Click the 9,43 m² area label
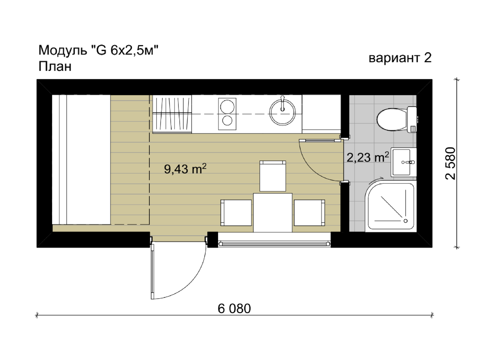[185, 169]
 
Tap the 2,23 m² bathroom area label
[368, 157]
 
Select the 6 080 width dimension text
[234, 309]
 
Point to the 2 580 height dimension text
[450, 163]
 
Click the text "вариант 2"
[400, 58]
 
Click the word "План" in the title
[55, 66]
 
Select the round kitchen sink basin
[282, 112]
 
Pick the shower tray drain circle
[405, 221]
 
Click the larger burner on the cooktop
[227, 107]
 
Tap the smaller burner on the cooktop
[227, 120]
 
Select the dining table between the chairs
[273, 212]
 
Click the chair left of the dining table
[236, 213]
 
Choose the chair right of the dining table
[309, 213]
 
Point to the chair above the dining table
[273, 176]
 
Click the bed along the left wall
[81, 159]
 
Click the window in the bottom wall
[274, 243]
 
